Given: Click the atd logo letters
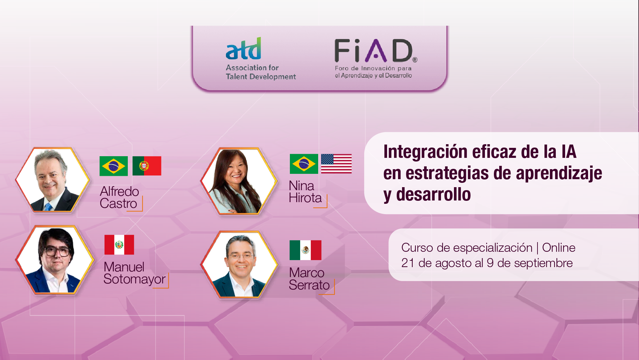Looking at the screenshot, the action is [243, 49].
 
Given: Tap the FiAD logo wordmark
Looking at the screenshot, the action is [373, 51].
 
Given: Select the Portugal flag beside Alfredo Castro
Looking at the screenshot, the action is [147, 166].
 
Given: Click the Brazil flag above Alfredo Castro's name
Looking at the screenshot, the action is [113, 166].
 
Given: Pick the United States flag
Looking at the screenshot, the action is [336, 164].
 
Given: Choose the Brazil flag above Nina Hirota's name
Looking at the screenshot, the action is [304, 164].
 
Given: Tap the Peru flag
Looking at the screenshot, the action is [119, 245].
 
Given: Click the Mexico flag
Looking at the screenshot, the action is [306, 250].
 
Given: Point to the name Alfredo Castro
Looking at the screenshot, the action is [119, 197].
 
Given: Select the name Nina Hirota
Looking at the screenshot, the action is [305, 191].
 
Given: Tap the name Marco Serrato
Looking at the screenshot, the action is [309, 279].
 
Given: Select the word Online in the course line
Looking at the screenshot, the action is [558, 247].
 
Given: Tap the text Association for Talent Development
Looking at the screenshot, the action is [261, 72].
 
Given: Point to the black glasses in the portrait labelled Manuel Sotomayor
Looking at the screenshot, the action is [55, 251].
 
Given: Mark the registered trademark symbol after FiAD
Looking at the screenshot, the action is [415, 60].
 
